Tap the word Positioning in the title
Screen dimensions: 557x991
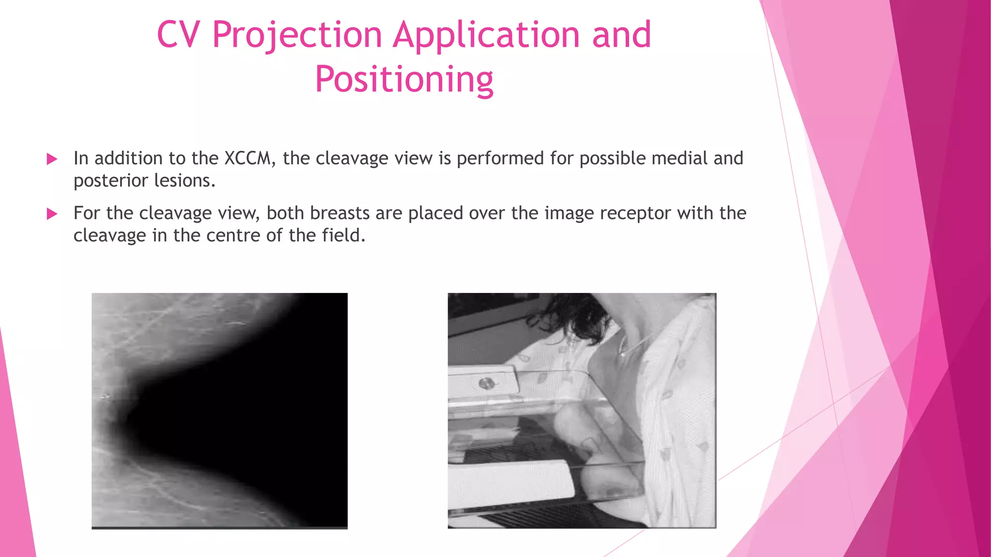click(x=404, y=79)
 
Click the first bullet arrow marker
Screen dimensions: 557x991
click(x=52, y=159)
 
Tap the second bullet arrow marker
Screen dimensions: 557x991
click(x=52, y=214)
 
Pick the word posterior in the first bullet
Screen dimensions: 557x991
click(x=111, y=181)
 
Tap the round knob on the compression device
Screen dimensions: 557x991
click(x=485, y=384)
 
